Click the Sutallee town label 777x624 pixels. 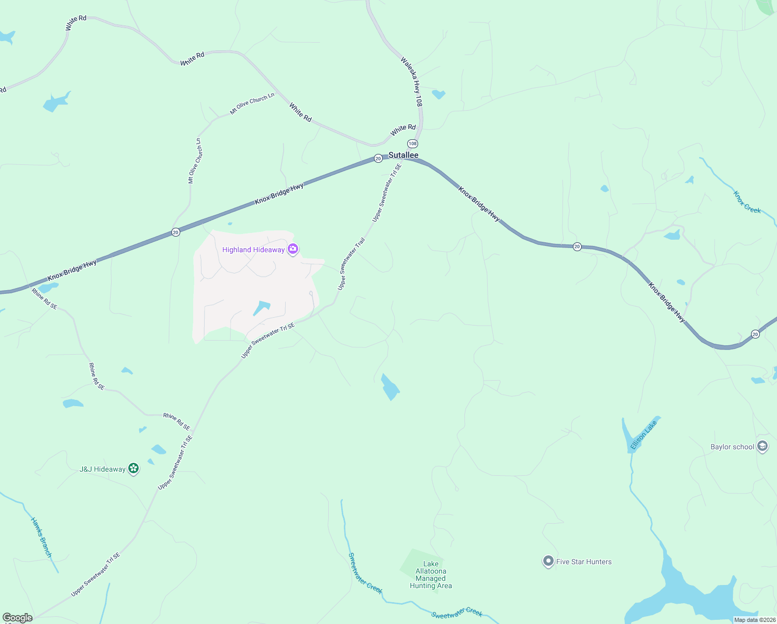point(404,155)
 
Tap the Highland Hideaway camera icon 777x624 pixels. point(293,250)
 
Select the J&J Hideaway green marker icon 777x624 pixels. point(133,469)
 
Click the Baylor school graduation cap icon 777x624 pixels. point(762,447)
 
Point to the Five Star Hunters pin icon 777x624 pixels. point(548,562)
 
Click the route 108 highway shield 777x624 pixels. point(412,144)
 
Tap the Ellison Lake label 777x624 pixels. point(644,435)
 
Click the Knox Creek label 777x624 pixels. point(747,202)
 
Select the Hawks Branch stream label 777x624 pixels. point(42,537)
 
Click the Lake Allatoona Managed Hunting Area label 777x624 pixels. point(431,575)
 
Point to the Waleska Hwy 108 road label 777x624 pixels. point(411,82)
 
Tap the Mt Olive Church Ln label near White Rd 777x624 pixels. point(252,103)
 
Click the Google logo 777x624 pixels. point(17,618)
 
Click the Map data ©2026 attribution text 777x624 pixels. point(754,620)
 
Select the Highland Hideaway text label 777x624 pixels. point(253,250)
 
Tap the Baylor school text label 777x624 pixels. point(732,447)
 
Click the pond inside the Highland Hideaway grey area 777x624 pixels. point(261,308)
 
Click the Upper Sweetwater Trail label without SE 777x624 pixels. point(352,264)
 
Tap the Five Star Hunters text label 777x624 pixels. point(584,562)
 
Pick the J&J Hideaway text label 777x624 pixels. point(102,469)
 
